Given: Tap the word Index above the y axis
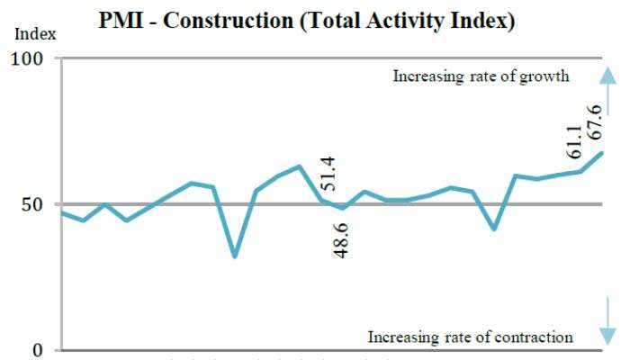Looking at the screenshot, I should [36, 34].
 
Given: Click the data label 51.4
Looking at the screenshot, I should [328, 174].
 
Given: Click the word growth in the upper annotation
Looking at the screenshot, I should [546, 76].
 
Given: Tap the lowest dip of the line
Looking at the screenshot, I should [235, 256].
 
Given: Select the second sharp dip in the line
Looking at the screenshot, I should [494, 229].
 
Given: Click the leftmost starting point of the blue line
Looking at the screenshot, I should [61, 212].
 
